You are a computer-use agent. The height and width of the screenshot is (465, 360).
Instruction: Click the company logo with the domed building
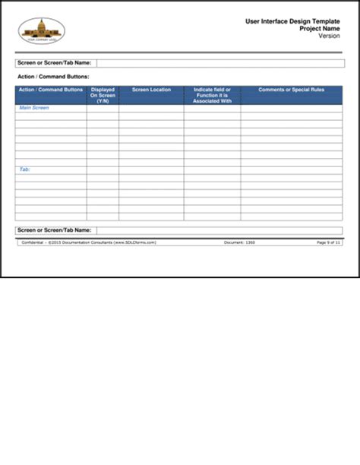[42, 30]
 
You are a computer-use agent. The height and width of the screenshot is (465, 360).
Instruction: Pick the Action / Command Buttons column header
[50, 90]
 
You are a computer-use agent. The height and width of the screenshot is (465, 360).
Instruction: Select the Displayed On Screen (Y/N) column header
[103, 95]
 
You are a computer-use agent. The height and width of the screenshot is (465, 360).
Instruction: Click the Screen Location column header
[151, 90]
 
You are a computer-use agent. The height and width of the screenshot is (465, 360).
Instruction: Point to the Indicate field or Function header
[212, 95]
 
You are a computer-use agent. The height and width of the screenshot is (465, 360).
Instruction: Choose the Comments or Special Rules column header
[292, 90]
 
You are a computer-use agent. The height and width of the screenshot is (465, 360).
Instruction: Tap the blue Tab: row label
[24, 169]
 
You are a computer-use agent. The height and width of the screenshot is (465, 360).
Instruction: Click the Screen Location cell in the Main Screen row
[151, 108]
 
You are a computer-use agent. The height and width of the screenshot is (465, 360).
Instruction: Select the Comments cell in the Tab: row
[292, 169]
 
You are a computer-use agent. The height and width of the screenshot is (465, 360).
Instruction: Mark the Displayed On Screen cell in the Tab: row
[103, 169]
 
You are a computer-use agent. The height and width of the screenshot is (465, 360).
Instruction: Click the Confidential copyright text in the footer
[88, 242]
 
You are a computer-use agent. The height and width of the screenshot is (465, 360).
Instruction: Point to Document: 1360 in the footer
[239, 242]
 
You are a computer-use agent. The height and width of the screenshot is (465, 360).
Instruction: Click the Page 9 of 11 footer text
[329, 242]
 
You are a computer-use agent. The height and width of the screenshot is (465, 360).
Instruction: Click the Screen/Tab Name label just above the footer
[54, 229]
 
